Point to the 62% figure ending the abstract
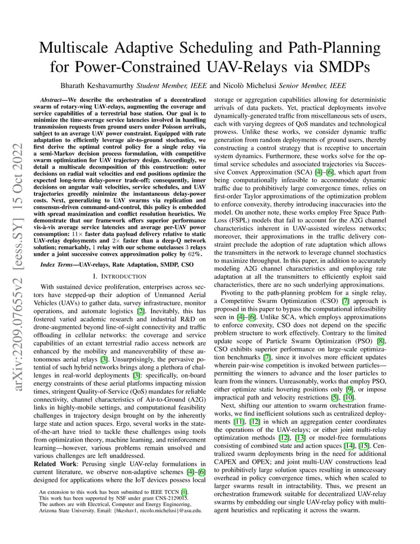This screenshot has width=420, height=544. coord(195,254)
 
